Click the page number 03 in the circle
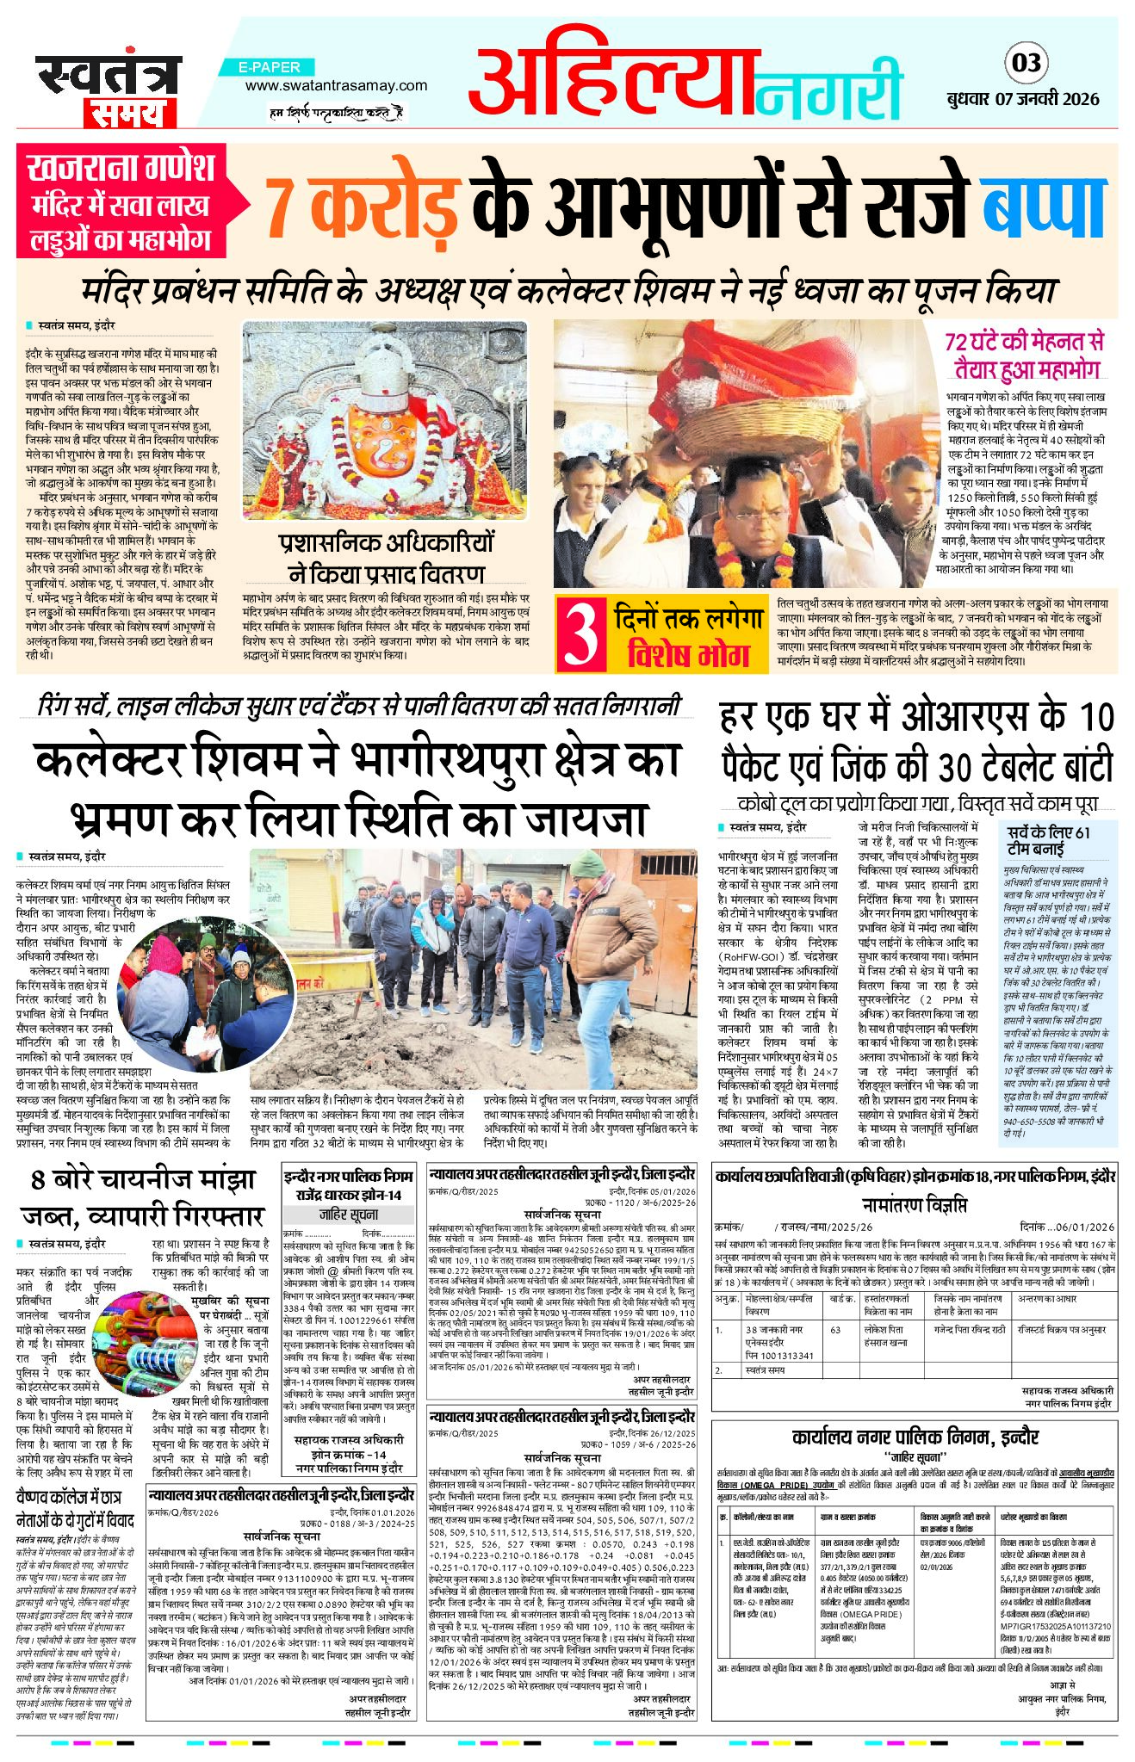pos(1027,62)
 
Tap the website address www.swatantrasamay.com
pos(336,85)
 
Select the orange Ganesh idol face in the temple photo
pos(386,444)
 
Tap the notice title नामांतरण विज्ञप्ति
pos(914,1204)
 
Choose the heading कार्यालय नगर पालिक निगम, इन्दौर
pos(915,1437)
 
